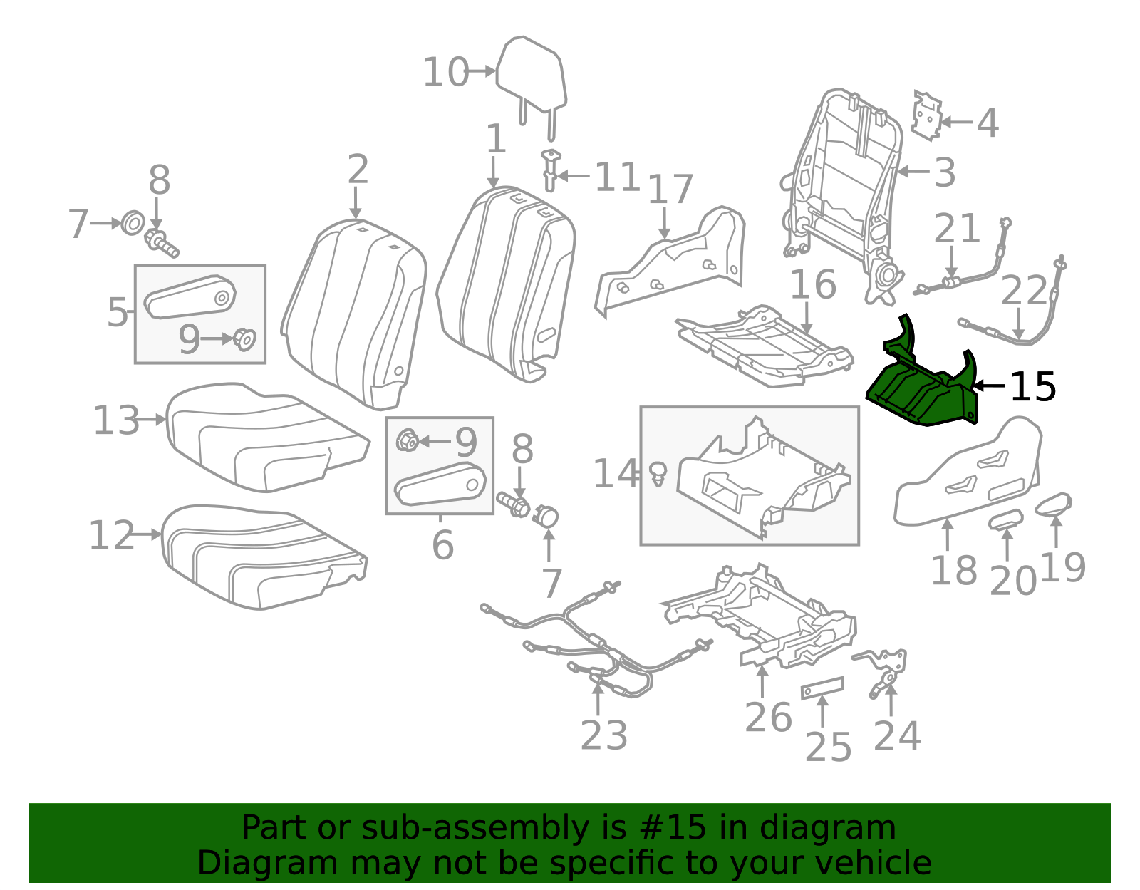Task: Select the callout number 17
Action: coord(670,190)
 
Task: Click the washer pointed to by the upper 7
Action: coord(133,224)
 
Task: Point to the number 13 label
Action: coord(116,420)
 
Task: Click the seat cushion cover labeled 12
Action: coord(264,557)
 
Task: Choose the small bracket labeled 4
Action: coord(927,115)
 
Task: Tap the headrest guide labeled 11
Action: coord(551,170)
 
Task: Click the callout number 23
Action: coord(603,735)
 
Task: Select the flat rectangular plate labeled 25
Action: coord(822,688)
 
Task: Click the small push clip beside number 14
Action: coord(658,474)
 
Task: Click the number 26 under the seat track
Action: coord(768,718)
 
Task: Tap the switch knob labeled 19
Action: coord(1054,504)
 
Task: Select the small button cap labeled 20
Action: coord(1006,519)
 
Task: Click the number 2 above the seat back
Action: coord(358,169)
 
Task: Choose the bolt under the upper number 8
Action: coord(162,244)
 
